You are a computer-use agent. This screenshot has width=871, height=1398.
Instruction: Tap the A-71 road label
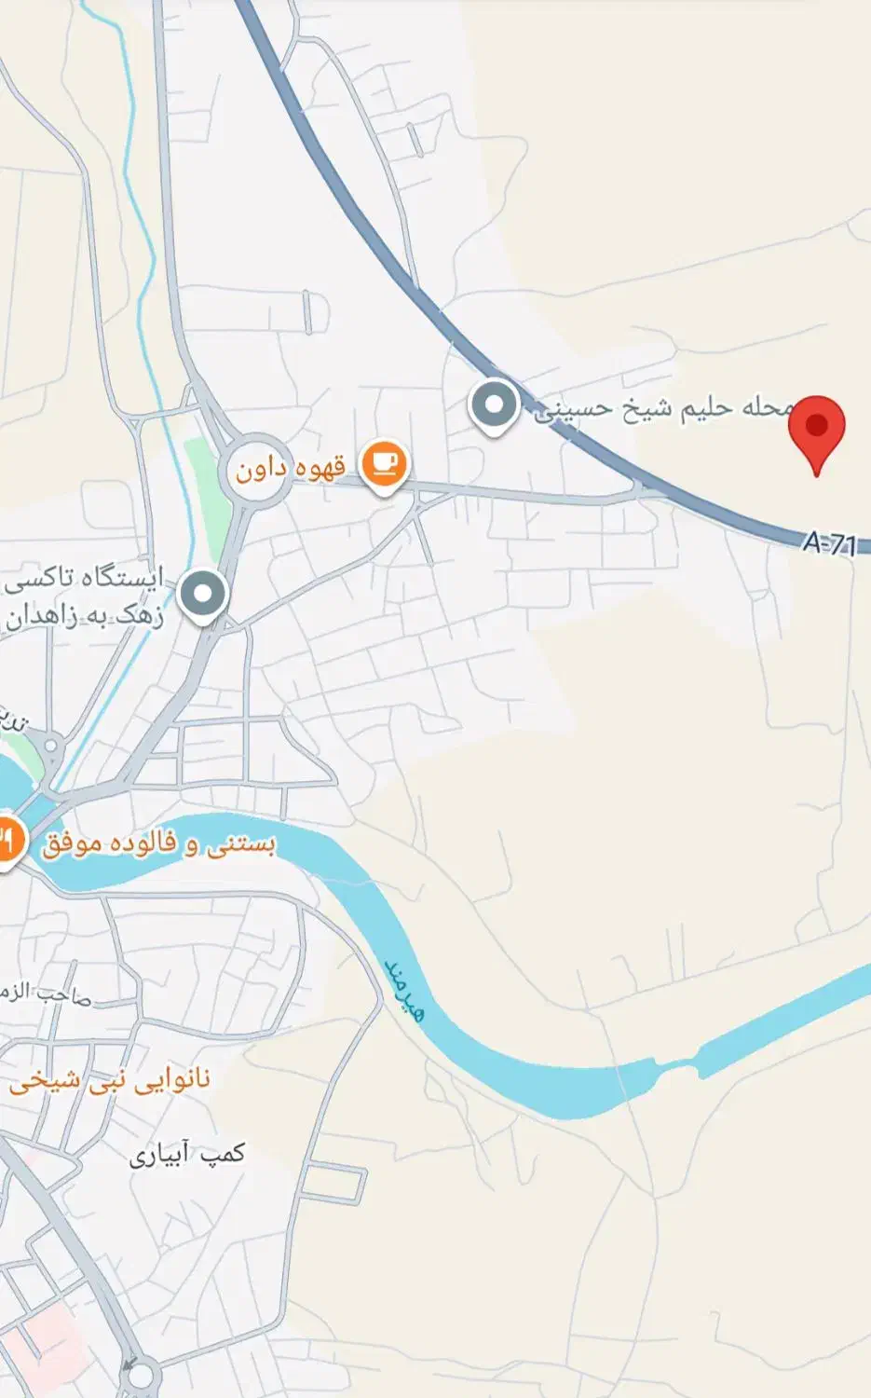[x=828, y=542]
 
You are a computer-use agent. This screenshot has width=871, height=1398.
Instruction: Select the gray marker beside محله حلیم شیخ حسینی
[x=494, y=406]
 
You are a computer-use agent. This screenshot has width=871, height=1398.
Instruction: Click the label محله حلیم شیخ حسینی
[x=663, y=408]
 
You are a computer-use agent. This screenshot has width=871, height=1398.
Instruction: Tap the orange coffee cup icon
[x=383, y=463]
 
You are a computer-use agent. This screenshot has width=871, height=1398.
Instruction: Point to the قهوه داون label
[x=290, y=467]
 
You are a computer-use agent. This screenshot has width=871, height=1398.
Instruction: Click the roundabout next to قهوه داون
[x=254, y=472]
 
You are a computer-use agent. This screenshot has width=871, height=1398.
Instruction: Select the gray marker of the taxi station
[x=203, y=593]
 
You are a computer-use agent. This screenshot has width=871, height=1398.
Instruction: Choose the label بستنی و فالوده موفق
[x=158, y=845]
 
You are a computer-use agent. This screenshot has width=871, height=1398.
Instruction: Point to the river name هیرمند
[x=403, y=989]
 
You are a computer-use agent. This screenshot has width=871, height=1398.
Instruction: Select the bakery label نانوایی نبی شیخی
[x=110, y=1082]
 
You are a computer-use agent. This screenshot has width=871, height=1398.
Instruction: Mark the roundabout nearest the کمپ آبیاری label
[x=141, y=1375]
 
